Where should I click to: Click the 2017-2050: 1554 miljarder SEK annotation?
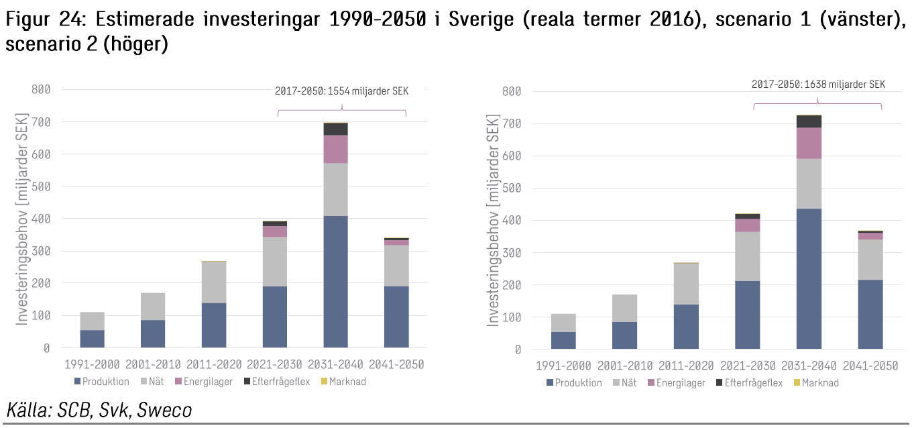click(x=341, y=91)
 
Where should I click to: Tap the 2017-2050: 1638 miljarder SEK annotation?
click(x=817, y=85)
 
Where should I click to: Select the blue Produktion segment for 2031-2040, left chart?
click(x=335, y=281)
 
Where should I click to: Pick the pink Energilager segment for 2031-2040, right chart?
click(x=809, y=143)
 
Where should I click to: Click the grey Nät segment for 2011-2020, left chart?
click(x=214, y=282)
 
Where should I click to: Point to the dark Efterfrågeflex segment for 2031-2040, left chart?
click(x=335, y=129)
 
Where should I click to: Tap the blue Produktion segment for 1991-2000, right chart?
click(x=563, y=340)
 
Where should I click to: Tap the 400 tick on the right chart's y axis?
click(x=512, y=220)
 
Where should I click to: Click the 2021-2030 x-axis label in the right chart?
click(x=748, y=366)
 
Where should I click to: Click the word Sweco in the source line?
click(x=164, y=410)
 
